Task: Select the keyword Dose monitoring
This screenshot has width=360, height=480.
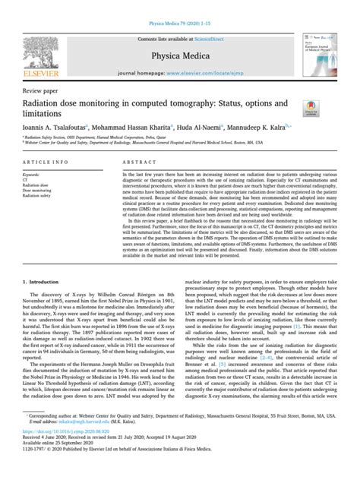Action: pyautogui.click(x=46, y=192)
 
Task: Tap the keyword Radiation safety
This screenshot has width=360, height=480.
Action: pyautogui.click(x=45, y=197)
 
